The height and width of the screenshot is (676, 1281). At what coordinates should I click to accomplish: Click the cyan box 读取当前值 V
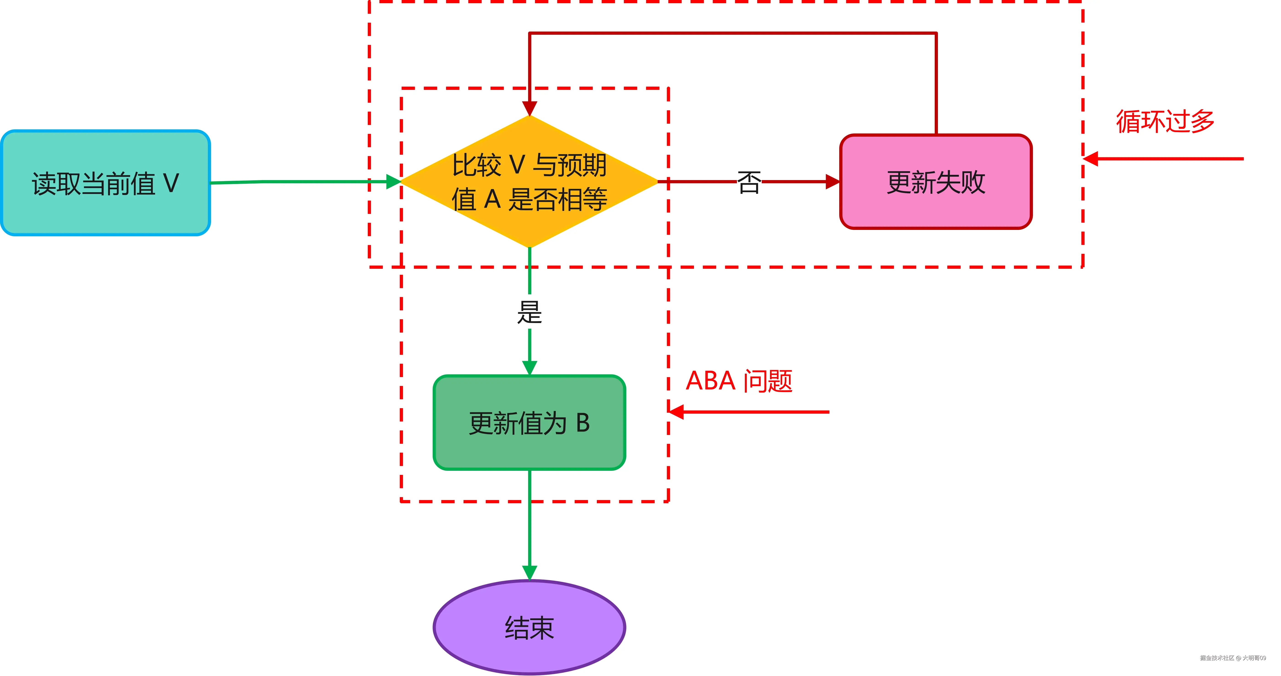(106, 183)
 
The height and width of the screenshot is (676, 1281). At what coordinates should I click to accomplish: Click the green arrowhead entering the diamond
(394, 181)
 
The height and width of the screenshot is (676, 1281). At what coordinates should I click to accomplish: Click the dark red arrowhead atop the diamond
(530, 108)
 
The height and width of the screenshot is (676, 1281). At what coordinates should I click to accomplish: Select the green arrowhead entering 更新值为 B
(530, 368)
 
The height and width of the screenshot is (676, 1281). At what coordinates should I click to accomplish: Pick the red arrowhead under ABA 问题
(676, 412)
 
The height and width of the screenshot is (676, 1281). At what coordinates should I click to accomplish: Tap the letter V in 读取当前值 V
(171, 183)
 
